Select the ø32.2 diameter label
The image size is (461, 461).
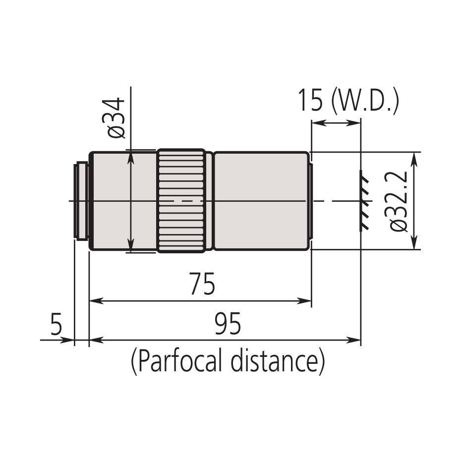click(x=399, y=200)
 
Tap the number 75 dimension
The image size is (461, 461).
click(x=202, y=284)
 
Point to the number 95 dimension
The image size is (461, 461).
click(x=228, y=325)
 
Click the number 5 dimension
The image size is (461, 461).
click(x=56, y=325)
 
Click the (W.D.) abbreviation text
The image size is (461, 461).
click(x=365, y=101)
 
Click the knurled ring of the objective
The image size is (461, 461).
click(x=181, y=201)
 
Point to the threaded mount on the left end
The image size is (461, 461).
click(x=81, y=201)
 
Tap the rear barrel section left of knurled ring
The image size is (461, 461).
click(x=123, y=201)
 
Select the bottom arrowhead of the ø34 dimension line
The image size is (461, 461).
click(x=131, y=247)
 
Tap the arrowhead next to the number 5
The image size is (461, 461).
click(x=68, y=340)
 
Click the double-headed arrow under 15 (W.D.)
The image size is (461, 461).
click(x=336, y=122)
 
